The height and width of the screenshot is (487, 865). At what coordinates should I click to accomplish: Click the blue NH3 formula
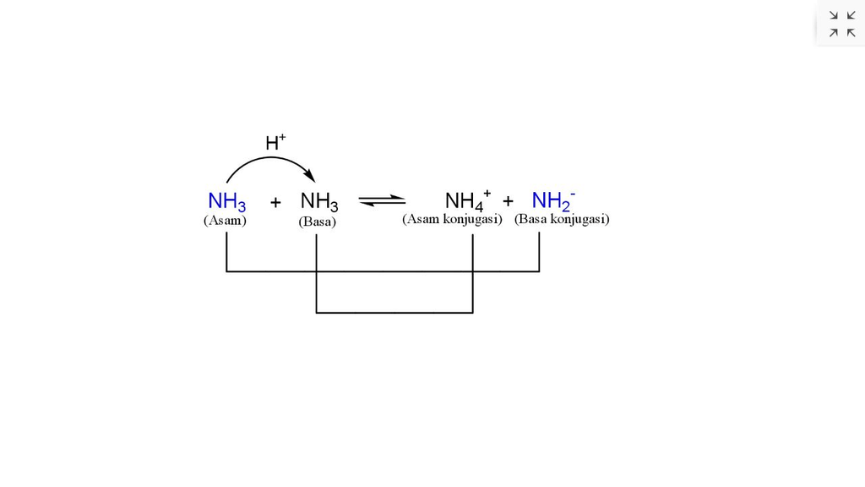click(x=226, y=202)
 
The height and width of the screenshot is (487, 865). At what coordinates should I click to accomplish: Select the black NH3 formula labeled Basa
click(x=319, y=202)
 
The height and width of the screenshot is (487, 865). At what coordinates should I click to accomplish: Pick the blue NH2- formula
click(x=553, y=201)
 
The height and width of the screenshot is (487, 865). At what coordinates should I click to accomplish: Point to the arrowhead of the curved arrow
click(x=310, y=176)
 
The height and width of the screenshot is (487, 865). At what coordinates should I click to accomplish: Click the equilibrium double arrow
click(x=382, y=201)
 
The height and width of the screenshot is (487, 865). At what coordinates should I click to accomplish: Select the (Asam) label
click(x=225, y=221)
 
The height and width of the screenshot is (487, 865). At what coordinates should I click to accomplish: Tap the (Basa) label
click(x=317, y=222)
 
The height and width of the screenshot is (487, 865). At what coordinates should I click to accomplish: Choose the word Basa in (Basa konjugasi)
click(x=534, y=219)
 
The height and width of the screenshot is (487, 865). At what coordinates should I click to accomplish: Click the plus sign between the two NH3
click(x=275, y=203)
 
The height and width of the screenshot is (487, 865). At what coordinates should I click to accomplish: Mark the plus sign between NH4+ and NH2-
click(x=508, y=201)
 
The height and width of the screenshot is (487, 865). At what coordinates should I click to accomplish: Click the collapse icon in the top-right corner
click(x=841, y=24)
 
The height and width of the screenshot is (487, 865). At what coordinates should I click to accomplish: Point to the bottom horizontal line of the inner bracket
click(x=394, y=312)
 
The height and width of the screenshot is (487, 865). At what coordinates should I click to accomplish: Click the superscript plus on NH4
click(x=487, y=193)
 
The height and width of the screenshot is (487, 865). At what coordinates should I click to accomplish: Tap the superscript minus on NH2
click(x=573, y=194)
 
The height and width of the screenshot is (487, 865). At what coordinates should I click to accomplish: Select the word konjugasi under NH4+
click(x=472, y=219)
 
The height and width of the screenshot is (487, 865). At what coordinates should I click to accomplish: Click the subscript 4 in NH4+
click(x=477, y=207)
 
